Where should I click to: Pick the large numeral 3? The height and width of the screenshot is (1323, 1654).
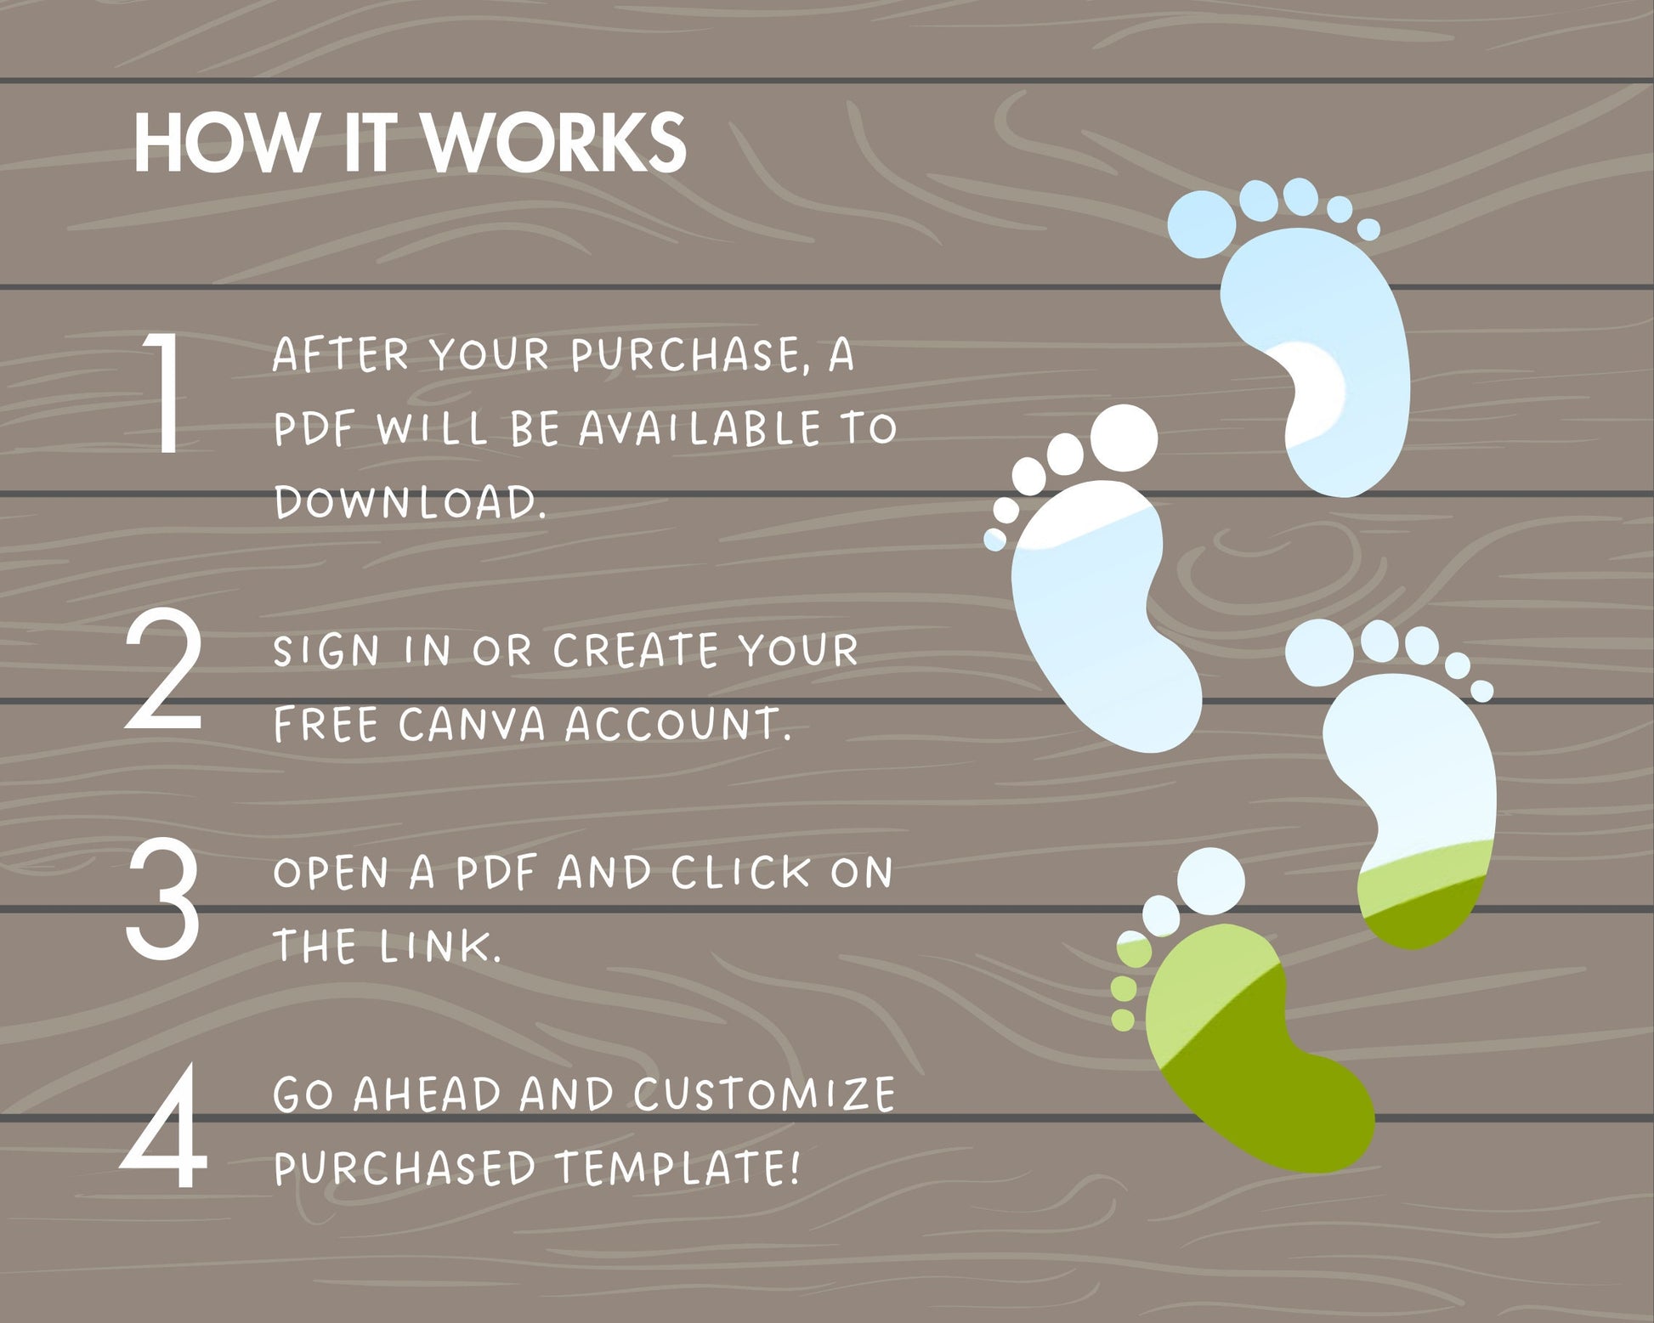(x=163, y=898)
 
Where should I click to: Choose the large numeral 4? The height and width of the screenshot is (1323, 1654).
(x=164, y=1126)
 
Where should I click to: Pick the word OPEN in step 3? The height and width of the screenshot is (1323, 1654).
(x=331, y=873)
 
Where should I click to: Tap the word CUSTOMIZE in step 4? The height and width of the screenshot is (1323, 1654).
(x=764, y=1094)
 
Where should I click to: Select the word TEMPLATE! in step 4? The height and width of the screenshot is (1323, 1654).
(x=677, y=1168)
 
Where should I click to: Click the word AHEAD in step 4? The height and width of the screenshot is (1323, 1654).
(x=427, y=1094)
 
